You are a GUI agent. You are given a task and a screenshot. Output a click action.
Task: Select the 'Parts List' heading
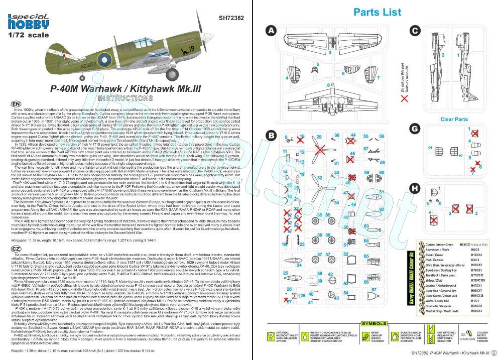377,13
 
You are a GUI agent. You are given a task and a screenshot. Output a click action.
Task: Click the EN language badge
16,104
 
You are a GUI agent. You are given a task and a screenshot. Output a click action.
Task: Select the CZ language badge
16,249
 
